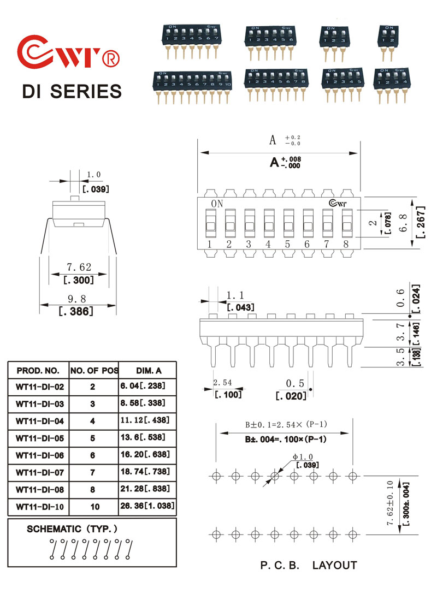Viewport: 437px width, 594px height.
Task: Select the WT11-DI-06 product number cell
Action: click(x=40, y=454)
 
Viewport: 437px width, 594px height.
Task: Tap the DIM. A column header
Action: click(x=148, y=371)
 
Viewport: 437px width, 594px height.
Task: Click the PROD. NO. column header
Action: click(x=38, y=371)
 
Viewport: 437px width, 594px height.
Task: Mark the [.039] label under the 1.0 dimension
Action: click(x=95, y=189)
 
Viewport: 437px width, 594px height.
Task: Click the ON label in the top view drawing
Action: click(x=217, y=204)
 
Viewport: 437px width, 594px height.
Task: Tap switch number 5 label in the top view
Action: click(x=287, y=244)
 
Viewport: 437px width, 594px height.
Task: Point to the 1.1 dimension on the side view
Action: click(x=233, y=295)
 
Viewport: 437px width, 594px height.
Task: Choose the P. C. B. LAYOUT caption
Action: click(x=308, y=566)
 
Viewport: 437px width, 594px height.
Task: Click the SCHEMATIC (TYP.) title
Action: click(x=72, y=529)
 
